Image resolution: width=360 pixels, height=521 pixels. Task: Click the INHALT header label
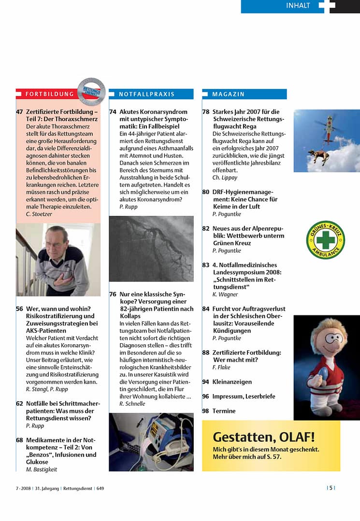tap(298, 6)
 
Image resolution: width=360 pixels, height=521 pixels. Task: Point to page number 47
tap(19, 112)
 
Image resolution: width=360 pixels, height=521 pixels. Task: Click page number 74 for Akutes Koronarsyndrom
tap(113, 112)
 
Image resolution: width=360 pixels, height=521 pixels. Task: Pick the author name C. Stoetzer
tap(39, 214)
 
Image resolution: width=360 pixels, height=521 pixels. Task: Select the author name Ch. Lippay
tap(225, 178)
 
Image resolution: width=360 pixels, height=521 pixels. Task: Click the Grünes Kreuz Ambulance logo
tap(325, 240)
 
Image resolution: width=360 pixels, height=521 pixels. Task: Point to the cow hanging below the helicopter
tap(318, 155)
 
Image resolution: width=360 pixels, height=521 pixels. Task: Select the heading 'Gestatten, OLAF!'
tap(263, 437)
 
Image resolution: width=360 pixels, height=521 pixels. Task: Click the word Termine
tap(224, 411)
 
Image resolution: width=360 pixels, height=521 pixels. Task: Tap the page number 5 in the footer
tap(331, 488)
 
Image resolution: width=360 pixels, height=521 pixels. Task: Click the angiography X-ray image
tap(151, 248)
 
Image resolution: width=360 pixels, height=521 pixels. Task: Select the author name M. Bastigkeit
tap(42, 469)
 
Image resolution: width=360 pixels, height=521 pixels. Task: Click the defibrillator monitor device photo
tap(151, 441)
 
